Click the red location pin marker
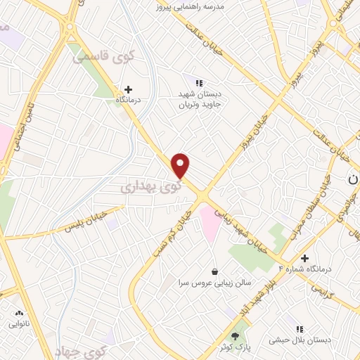pyautogui.click(x=181, y=165)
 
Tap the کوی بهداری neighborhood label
pyautogui.click(x=149, y=187)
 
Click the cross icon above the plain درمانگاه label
pyautogui.click(x=128, y=89)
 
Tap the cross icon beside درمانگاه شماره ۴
pyautogui.click(x=304, y=258)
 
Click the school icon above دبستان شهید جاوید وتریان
pyautogui.click(x=198, y=83)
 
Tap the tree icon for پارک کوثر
pyautogui.click(x=235, y=336)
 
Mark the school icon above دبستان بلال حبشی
pyautogui.click(x=300, y=329)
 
